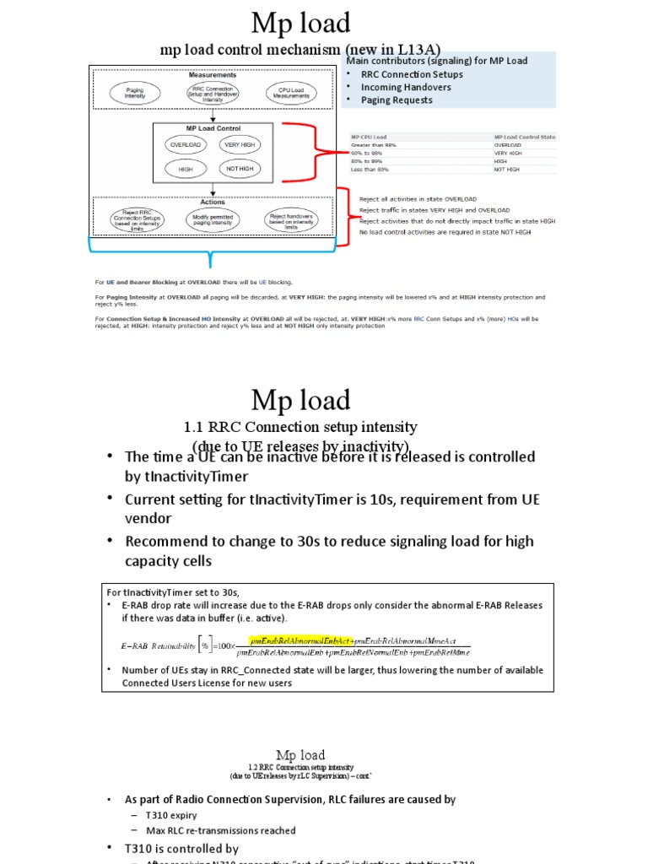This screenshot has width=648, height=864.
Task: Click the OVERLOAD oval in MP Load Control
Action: (185, 144)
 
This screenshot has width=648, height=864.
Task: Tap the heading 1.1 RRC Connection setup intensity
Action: (300, 427)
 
